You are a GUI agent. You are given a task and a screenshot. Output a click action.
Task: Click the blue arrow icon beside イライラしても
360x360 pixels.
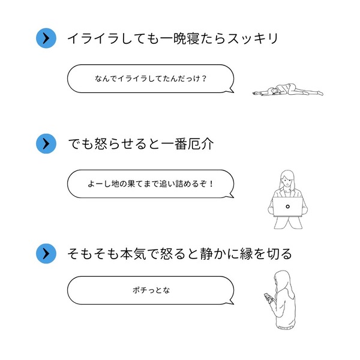[46, 38]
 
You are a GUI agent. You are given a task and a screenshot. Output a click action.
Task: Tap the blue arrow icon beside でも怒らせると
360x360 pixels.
[46, 144]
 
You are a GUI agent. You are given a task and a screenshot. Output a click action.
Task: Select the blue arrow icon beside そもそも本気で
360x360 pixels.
[46, 254]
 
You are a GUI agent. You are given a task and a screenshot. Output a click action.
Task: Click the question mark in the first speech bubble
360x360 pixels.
[204, 79]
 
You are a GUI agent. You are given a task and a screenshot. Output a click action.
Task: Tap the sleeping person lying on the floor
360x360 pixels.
[287, 90]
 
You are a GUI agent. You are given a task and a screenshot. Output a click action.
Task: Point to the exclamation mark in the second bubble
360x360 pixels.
[211, 184]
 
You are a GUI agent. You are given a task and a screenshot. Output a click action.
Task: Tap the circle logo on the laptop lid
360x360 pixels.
[287, 206]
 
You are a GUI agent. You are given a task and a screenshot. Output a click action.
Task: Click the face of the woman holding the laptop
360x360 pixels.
[287, 182]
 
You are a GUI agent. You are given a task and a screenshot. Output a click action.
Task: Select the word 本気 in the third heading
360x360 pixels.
[133, 254]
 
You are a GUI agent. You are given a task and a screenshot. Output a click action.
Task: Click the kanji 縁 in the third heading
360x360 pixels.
[246, 254]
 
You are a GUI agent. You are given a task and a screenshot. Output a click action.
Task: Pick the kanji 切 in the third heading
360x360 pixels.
[272, 254]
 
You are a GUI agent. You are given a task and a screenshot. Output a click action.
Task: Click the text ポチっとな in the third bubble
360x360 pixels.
[151, 290]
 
